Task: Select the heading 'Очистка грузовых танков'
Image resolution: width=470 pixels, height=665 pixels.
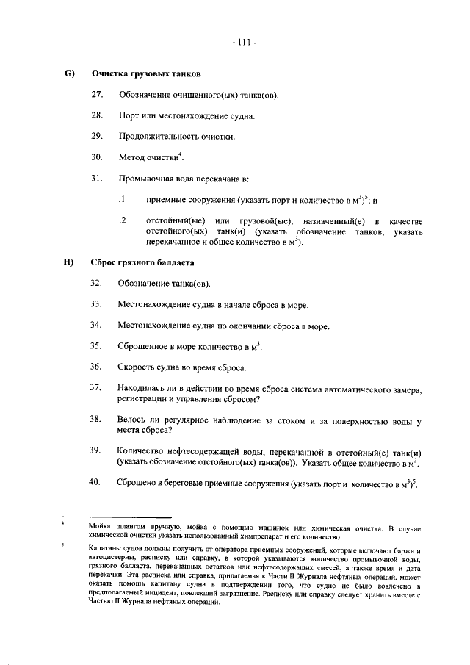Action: pos(146,74)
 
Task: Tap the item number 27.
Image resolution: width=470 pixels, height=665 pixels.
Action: pos(96,96)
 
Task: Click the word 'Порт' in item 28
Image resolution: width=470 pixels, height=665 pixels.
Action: pos(130,116)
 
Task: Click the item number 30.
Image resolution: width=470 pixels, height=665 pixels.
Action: pos(96,157)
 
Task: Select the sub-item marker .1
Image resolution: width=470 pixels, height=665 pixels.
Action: pos(123,199)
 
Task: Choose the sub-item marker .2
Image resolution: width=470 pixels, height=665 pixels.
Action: pos(123,220)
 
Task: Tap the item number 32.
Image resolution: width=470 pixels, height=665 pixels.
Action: pos(96,284)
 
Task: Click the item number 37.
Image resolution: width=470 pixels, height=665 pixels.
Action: pos(96,387)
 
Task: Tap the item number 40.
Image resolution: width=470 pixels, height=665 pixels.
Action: pos(96,482)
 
